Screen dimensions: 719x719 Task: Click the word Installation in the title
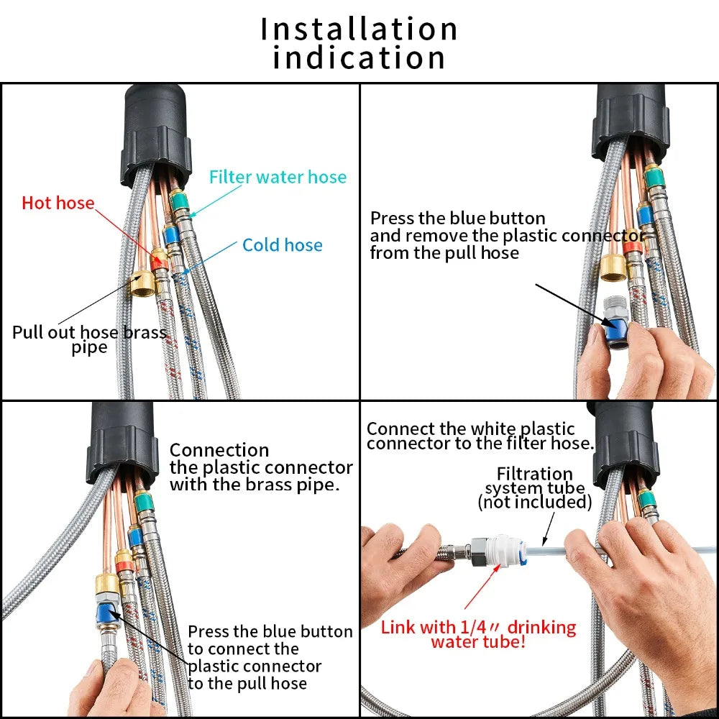coord(359,29)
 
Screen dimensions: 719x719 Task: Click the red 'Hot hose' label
coord(58,203)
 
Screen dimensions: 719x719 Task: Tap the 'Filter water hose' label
coord(278,177)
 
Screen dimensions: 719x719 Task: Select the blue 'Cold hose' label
coord(282,245)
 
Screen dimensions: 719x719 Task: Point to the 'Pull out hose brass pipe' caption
coord(89,339)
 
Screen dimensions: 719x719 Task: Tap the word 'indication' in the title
coord(359,59)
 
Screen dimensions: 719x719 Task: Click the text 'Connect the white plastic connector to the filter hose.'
coord(480,436)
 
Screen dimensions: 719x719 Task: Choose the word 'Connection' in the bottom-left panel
coord(219,451)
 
